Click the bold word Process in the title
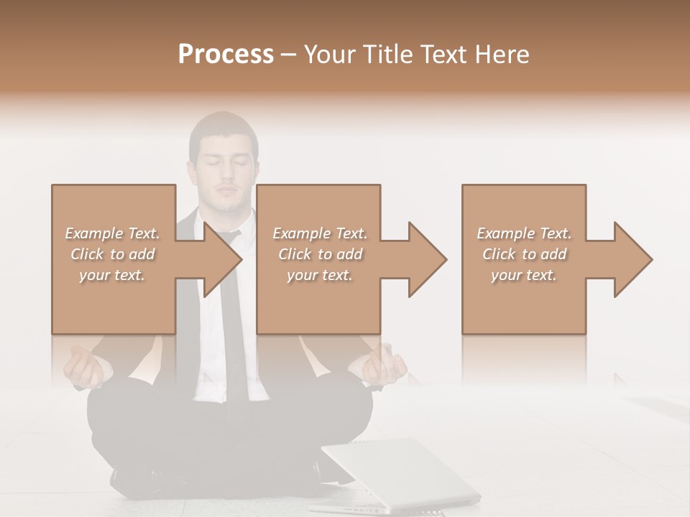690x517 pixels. pos(226,54)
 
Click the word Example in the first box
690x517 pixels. pos(93,233)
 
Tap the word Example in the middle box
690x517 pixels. pos(301,233)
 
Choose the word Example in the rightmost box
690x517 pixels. pos(505,233)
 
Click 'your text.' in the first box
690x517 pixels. pos(112,275)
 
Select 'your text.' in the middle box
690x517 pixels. pos(320,275)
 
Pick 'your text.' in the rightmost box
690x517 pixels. pos(524,275)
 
